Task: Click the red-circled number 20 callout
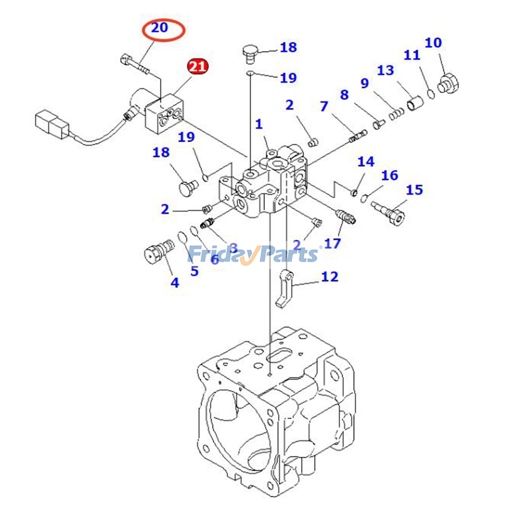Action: point(160,28)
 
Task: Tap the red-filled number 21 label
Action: point(198,67)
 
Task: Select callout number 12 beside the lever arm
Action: point(330,277)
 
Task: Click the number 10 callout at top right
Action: point(433,43)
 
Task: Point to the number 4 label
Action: point(175,283)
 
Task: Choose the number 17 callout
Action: point(332,244)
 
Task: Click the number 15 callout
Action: point(414,190)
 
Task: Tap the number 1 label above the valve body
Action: point(259,124)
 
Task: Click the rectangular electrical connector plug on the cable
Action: point(52,125)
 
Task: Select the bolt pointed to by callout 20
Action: point(135,64)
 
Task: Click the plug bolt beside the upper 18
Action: point(251,53)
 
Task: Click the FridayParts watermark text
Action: point(253,254)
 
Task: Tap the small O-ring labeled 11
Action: point(431,94)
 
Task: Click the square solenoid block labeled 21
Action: point(164,113)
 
